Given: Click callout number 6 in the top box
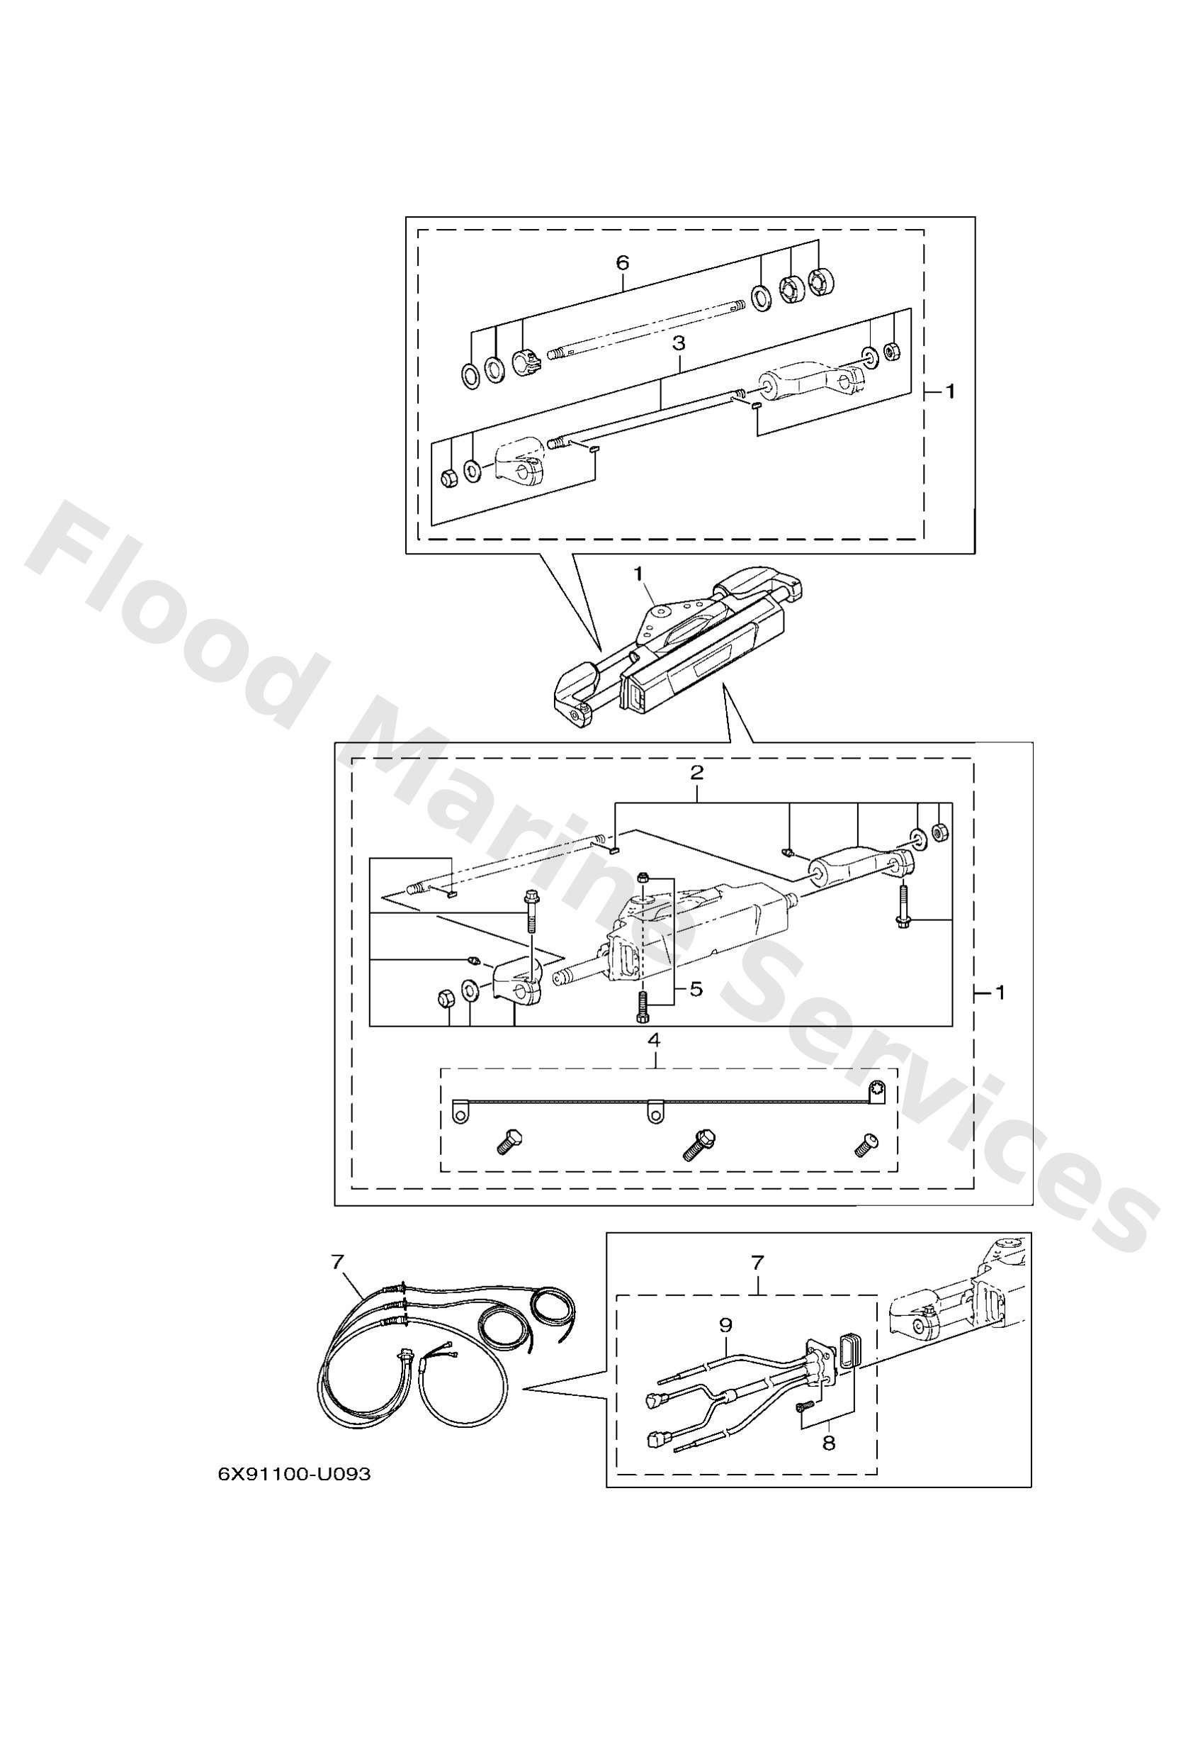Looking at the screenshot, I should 622,262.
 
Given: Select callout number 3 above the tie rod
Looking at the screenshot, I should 679,343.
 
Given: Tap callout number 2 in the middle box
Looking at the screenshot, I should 696,773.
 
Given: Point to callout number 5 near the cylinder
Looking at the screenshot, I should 695,988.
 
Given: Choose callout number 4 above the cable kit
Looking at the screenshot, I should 655,1041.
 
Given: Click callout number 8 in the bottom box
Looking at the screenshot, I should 828,1444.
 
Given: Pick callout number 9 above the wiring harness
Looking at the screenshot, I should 725,1325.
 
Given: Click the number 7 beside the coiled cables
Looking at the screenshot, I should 337,1262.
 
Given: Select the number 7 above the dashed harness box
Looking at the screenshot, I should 757,1263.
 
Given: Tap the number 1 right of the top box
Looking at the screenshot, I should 950,391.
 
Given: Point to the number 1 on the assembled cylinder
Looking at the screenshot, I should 638,574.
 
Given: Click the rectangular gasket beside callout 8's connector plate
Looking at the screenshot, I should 846,1352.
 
